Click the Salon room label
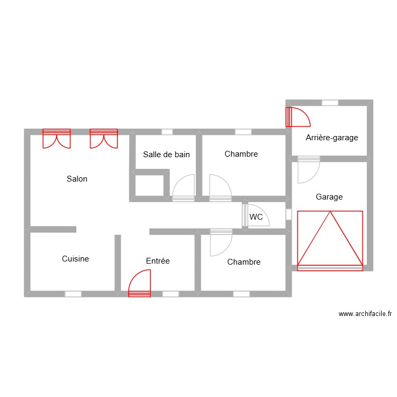[77, 179]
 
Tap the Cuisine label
[75, 259]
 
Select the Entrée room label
[158, 261]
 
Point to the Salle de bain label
[166, 155]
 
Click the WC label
[256, 217]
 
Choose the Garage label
[329, 197]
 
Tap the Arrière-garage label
[332, 138]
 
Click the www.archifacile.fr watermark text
[365, 314]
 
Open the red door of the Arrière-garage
[296, 117]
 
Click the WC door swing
[257, 215]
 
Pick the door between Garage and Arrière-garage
[309, 168]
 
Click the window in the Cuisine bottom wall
[73, 294]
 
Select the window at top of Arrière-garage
[330, 103]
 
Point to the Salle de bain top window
[167, 132]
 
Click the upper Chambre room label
[241, 154]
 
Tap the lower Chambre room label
[243, 262]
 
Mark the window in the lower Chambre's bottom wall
[241, 294]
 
